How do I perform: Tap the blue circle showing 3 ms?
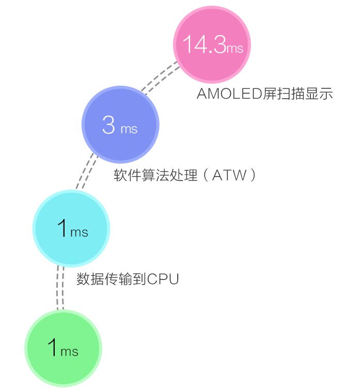point(120,124)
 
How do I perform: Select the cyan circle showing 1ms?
point(71,228)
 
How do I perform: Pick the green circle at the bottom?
point(64,348)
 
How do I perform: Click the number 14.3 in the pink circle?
point(204,46)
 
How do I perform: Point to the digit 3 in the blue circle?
point(108,126)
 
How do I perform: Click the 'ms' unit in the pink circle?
point(234,49)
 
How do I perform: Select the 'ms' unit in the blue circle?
point(129,129)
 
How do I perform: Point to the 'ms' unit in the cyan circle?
point(79,232)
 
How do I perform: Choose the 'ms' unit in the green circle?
point(69,352)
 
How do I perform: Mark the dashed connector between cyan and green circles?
point(60,288)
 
